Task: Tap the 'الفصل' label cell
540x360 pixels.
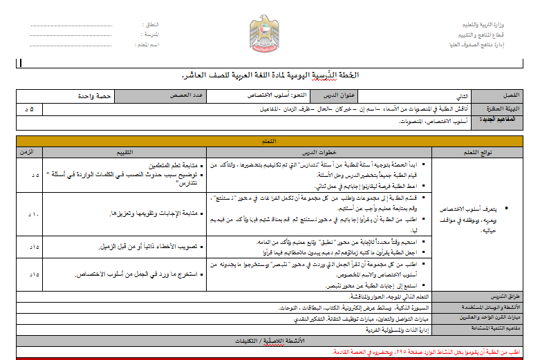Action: tap(501, 95)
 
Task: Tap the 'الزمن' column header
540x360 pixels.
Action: tap(34, 151)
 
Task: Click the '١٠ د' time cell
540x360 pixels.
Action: tap(34, 214)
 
